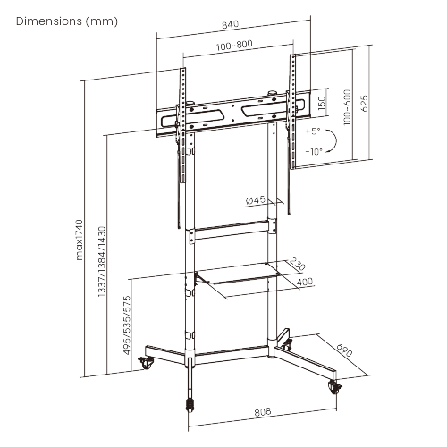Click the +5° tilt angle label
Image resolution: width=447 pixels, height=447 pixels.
click(x=313, y=131)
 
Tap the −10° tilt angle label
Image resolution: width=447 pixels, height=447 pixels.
click(x=313, y=151)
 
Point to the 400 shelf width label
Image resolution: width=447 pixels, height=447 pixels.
click(x=305, y=283)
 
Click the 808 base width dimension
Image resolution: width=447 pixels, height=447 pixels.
click(x=263, y=413)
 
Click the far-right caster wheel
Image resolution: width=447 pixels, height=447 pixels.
click(x=335, y=387)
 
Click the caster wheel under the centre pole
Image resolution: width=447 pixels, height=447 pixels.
click(x=190, y=403)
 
